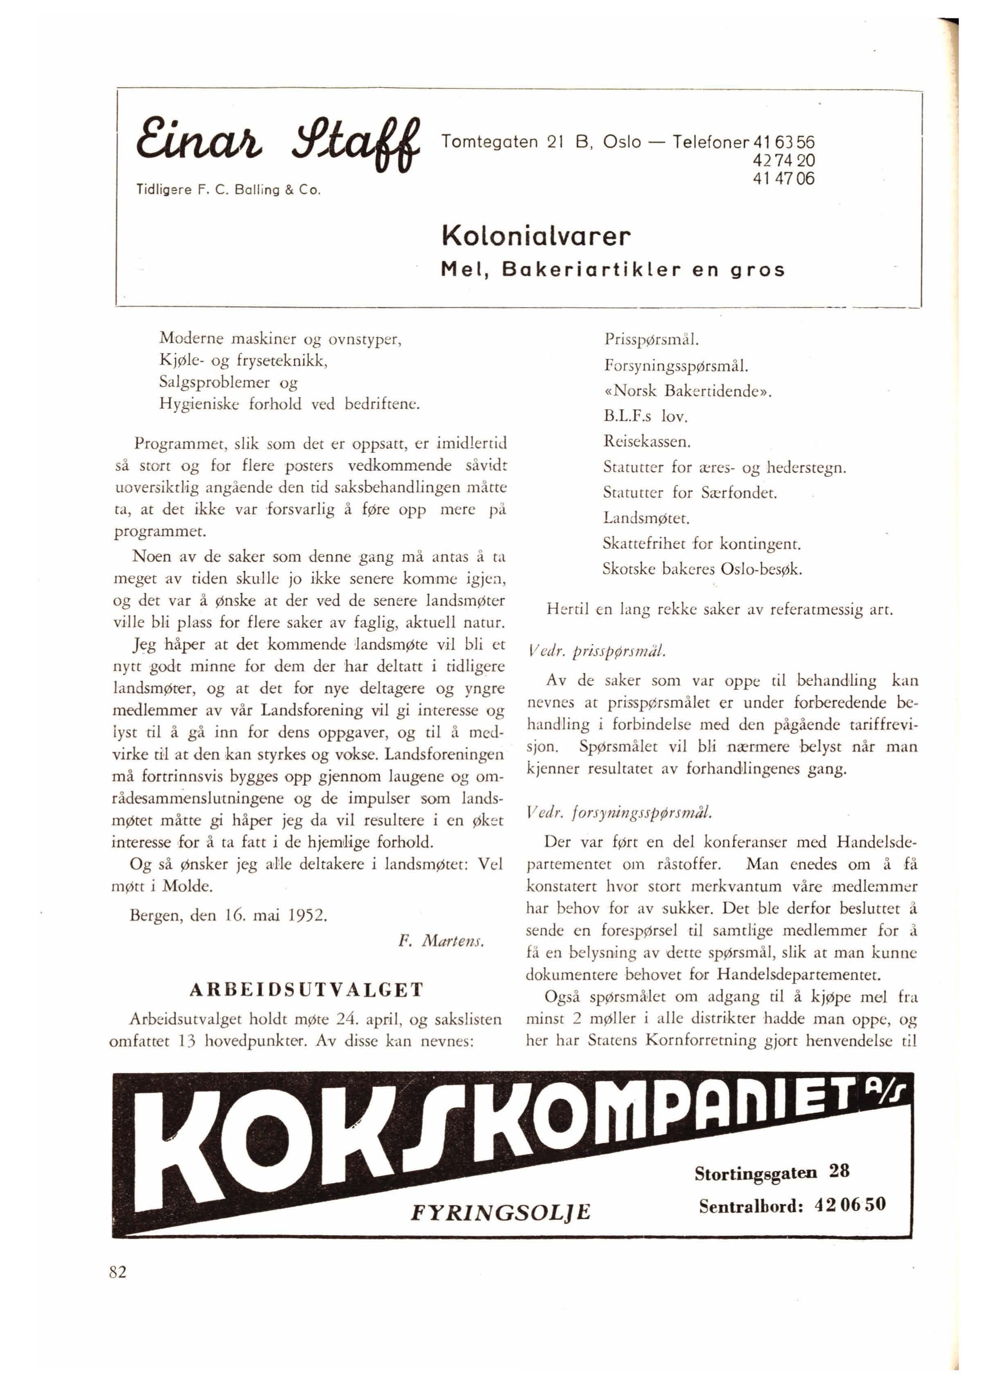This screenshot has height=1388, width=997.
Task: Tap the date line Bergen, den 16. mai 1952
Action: [229, 916]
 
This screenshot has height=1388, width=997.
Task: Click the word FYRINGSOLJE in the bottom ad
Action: [501, 1212]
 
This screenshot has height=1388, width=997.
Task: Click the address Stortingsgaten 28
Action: [772, 1171]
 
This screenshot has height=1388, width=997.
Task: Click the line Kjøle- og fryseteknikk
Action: [244, 360]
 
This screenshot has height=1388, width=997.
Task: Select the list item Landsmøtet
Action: [646, 518]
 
